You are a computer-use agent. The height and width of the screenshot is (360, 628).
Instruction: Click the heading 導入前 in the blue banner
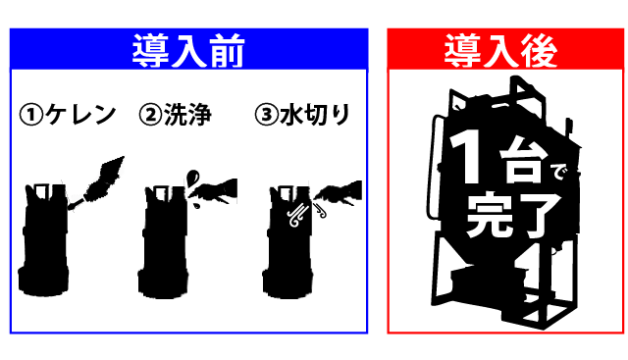(188, 51)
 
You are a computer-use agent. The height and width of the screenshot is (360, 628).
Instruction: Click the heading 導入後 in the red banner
(500, 51)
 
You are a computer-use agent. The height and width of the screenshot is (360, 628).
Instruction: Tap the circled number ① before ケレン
(31, 115)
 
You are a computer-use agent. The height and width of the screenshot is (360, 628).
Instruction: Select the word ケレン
(80, 115)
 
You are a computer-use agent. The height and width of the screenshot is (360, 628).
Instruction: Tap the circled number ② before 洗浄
(150, 115)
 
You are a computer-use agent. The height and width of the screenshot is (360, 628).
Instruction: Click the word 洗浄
(187, 115)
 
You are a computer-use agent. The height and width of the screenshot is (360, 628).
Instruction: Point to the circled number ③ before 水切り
(266, 115)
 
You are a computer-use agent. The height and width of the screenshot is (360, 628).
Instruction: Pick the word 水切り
(315, 115)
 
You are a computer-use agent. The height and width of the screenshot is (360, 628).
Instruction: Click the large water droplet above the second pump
(192, 177)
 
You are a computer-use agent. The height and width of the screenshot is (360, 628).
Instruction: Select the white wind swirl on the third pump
(298, 216)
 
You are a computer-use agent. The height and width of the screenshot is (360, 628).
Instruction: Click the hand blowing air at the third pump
(340, 192)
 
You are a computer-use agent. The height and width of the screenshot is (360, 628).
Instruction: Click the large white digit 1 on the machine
(467, 158)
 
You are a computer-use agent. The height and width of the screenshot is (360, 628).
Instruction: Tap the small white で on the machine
(558, 173)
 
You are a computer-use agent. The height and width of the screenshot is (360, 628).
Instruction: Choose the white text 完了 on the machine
(513, 216)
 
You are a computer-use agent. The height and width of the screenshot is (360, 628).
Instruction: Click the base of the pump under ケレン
(43, 283)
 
